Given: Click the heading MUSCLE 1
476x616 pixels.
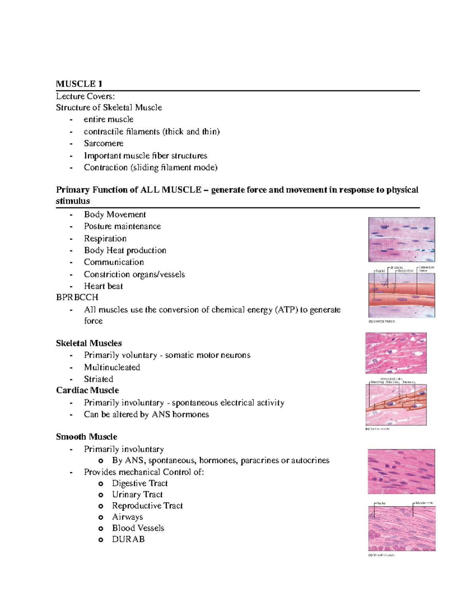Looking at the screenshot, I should click(79, 84).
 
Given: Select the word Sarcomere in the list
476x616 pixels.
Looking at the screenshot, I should click(104, 143).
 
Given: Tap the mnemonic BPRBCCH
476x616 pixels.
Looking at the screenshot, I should click(77, 297).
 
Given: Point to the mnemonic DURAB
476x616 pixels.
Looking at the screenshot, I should click(128, 539).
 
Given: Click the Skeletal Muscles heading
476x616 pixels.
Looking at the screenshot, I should click(89, 343).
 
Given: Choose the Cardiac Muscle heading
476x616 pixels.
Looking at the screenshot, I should click(87, 390).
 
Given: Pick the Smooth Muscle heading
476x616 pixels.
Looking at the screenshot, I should click(86, 437).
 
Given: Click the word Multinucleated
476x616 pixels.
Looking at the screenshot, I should click(112, 367).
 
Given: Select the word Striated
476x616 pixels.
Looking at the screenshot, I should click(98, 379).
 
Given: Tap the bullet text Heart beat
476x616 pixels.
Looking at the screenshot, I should click(103, 286).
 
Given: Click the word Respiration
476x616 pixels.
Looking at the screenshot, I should click(105, 238).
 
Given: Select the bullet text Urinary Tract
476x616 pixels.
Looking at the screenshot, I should click(137, 494).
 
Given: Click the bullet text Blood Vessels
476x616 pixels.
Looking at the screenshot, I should click(138, 528).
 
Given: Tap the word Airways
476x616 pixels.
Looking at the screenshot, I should click(127, 517).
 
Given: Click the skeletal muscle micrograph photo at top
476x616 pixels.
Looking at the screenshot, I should click(401, 239).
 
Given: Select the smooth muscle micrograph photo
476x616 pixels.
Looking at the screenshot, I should click(401, 471).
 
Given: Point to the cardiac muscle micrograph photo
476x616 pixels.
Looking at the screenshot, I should click(395, 353).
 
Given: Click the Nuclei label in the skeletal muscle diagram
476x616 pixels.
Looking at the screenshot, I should click(380, 271).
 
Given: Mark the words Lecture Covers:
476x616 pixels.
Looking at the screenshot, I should click(85, 96).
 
